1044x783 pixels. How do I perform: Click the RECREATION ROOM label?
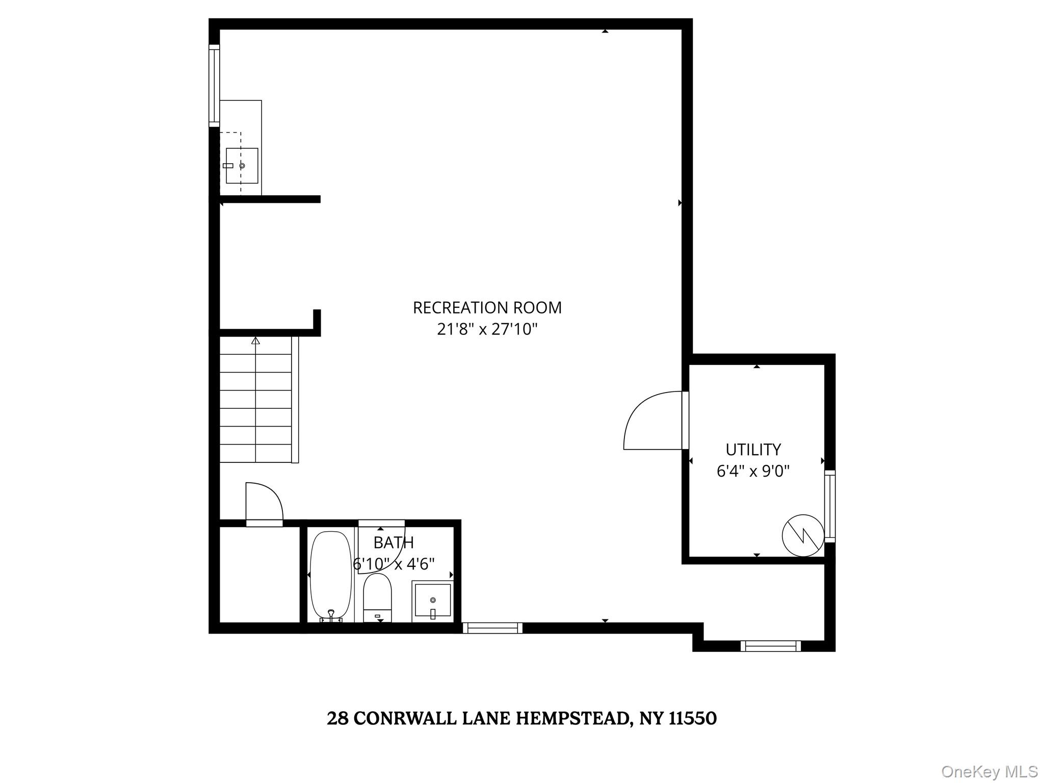coord(487,308)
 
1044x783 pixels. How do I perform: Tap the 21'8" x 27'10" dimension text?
coord(487,330)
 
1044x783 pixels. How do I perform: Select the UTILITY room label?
coord(753,450)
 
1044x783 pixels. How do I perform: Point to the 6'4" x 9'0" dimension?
coord(753,471)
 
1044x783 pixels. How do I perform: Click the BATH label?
coord(394,542)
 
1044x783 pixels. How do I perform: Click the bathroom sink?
coord(432,601)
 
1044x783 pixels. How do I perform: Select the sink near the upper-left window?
coord(242,166)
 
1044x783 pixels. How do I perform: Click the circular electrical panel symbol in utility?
coord(803,535)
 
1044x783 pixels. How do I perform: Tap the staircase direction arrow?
coord(255,341)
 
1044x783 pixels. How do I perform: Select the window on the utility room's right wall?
coord(830,506)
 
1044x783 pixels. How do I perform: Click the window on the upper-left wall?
coord(214,85)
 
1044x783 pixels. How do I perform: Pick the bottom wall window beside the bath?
coord(492,628)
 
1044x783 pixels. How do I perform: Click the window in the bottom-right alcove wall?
coord(770,646)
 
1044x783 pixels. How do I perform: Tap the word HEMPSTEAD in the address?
coord(573,718)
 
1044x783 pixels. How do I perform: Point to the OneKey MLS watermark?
coord(989,771)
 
